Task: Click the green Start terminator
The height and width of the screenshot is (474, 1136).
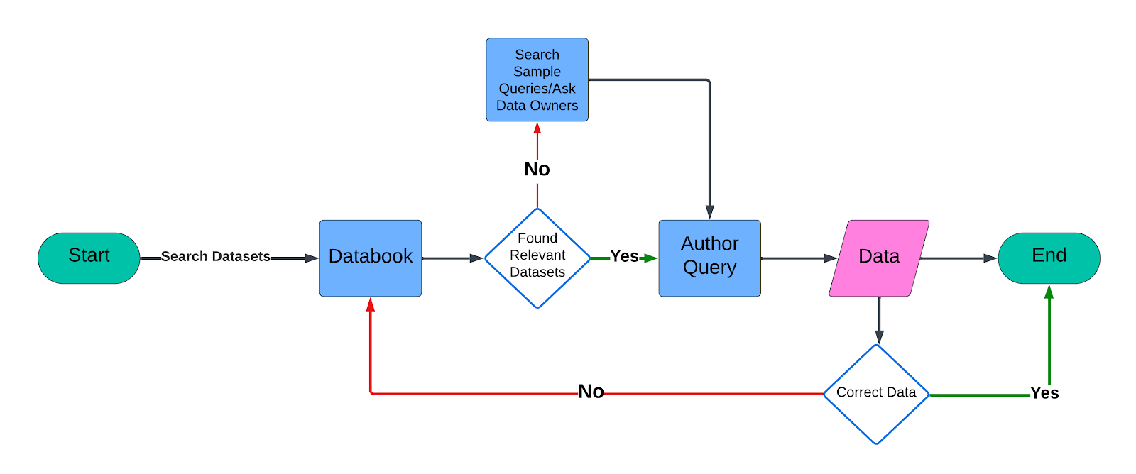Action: [x=89, y=258]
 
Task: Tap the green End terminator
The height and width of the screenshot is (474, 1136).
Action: [x=1049, y=258]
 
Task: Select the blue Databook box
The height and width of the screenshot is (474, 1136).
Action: [x=371, y=258]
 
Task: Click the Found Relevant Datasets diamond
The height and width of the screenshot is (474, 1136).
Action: [x=537, y=258]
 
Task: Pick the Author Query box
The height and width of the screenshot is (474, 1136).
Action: [x=709, y=258]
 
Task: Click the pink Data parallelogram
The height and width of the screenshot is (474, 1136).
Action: [x=879, y=258]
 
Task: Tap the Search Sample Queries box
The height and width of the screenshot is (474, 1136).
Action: [x=537, y=79]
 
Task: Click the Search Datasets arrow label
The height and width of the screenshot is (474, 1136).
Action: [x=215, y=257]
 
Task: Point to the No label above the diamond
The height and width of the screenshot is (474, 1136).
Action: [x=537, y=169]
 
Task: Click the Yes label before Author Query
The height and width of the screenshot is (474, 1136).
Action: [x=624, y=257]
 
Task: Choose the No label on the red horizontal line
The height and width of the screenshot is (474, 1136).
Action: [x=591, y=392]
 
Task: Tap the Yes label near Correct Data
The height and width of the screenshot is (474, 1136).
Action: [x=1044, y=393]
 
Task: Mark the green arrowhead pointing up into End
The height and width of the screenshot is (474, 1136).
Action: [x=1049, y=292]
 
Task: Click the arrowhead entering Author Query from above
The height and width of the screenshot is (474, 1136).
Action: [x=709, y=212]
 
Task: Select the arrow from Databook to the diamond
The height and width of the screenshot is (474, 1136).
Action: [x=452, y=258]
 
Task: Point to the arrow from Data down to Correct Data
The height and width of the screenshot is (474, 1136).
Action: [x=879, y=319]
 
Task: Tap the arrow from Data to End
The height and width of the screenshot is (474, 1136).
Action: [x=958, y=258]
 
